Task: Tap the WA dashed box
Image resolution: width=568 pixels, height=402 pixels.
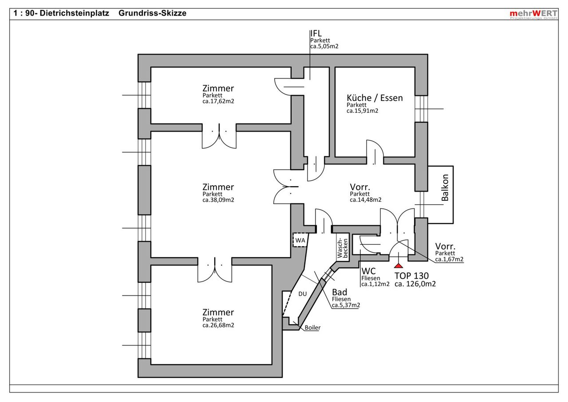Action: pyautogui.click(x=300, y=240)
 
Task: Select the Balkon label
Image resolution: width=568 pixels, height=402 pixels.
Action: pyautogui.click(x=445, y=188)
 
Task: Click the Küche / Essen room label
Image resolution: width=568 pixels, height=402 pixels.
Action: pyautogui.click(x=375, y=98)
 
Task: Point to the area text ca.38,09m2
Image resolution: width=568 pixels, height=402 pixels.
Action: pyautogui.click(x=218, y=200)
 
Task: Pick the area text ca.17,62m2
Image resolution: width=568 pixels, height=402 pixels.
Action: pyautogui.click(x=218, y=101)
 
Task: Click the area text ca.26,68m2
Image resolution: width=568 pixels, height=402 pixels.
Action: pyautogui.click(x=218, y=325)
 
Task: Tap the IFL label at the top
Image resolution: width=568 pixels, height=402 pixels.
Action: pyautogui.click(x=316, y=33)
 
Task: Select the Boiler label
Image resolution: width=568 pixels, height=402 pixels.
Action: pyautogui.click(x=312, y=328)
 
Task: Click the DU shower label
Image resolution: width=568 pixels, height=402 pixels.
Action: pyautogui.click(x=303, y=294)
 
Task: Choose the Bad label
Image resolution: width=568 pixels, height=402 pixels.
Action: pyautogui.click(x=339, y=292)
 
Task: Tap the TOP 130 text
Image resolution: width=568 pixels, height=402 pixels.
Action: pyautogui.click(x=412, y=275)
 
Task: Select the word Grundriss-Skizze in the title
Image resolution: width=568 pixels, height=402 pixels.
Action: pyautogui.click(x=152, y=13)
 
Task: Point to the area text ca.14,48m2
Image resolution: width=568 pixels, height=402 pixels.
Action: pyautogui.click(x=366, y=200)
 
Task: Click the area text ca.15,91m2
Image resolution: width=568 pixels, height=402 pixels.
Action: pyautogui.click(x=362, y=111)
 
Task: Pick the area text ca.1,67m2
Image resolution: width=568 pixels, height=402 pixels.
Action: pyautogui.click(x=450, y=259)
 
